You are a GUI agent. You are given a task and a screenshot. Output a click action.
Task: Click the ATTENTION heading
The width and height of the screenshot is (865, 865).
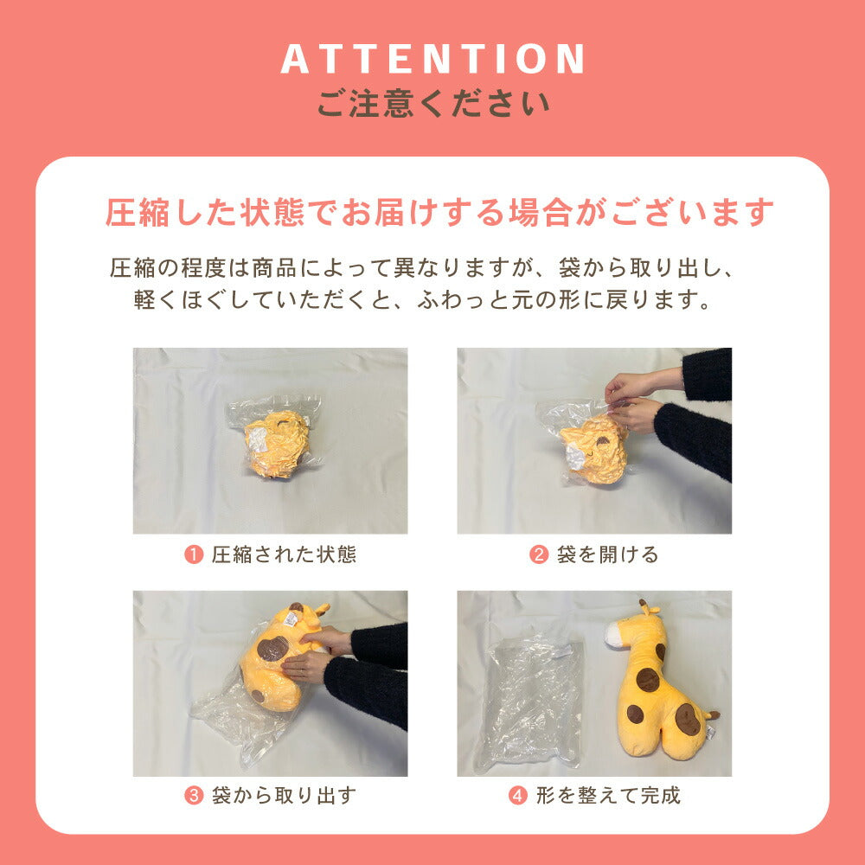[x=433, y=59]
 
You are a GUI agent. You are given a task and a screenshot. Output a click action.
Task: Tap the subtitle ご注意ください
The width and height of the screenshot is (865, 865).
[x=433, y=103]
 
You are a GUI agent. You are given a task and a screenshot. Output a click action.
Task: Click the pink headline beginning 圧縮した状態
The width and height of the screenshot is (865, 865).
[x=439, y=213]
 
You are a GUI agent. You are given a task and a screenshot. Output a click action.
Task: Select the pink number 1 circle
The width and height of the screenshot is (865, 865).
[x=194, y=554]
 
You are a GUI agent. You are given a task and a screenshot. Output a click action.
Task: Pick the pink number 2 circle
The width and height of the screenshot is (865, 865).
[x=538, y=554]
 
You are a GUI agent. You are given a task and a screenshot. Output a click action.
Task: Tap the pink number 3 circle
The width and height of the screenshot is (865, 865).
[x=194, y=796]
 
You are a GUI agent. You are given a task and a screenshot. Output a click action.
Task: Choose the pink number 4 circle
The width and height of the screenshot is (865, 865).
[x=517, y=796]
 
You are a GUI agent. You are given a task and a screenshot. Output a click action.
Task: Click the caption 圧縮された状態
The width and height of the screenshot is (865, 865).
[x=284, y=554]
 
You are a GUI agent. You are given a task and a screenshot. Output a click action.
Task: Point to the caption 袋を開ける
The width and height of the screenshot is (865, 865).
[x=607, y=554]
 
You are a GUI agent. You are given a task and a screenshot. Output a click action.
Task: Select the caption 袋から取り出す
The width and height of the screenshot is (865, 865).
[x=284, y=796]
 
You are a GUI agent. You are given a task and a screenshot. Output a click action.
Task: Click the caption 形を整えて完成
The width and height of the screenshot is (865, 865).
[x=608, y=796]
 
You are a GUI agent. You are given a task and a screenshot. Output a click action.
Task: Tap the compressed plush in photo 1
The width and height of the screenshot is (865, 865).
[x=277, y=444]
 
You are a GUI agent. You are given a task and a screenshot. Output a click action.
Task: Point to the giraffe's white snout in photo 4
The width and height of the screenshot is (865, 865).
[x=613, y=636]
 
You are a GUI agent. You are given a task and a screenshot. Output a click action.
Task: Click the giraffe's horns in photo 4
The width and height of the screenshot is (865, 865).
[x=648, y=607]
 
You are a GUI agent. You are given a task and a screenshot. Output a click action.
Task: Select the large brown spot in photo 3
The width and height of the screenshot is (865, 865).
[x=272, y=648]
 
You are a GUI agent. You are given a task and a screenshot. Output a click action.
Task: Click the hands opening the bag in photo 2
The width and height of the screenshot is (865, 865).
[x=633, y=401]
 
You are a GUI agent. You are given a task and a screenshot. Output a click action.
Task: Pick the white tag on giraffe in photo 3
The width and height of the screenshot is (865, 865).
[x=291, y=619]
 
